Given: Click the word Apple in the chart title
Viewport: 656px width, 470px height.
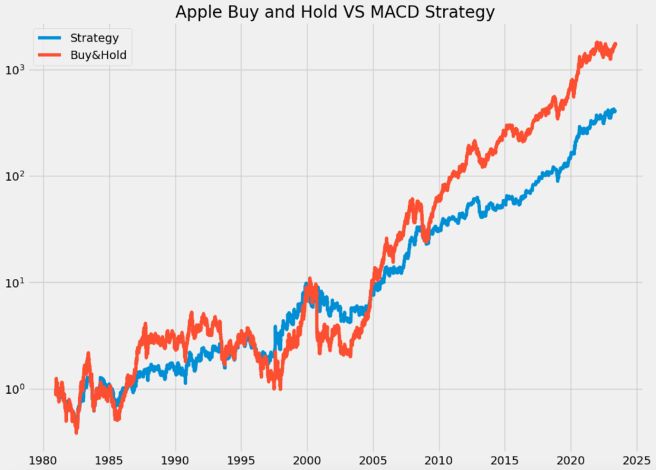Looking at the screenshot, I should tap(194, 12).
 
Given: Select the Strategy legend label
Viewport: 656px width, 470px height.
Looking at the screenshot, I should tap(94, 38).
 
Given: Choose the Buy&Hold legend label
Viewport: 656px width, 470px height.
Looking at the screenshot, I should tap(99, 56).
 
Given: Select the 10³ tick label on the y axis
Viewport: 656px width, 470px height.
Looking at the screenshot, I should tap(18, 69).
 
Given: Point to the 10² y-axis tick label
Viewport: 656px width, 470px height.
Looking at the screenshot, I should tap(18, 176).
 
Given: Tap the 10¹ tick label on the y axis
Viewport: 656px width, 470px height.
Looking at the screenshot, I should tap(18, 282).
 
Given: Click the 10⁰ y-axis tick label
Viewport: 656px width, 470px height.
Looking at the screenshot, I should tap(18, 389).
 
